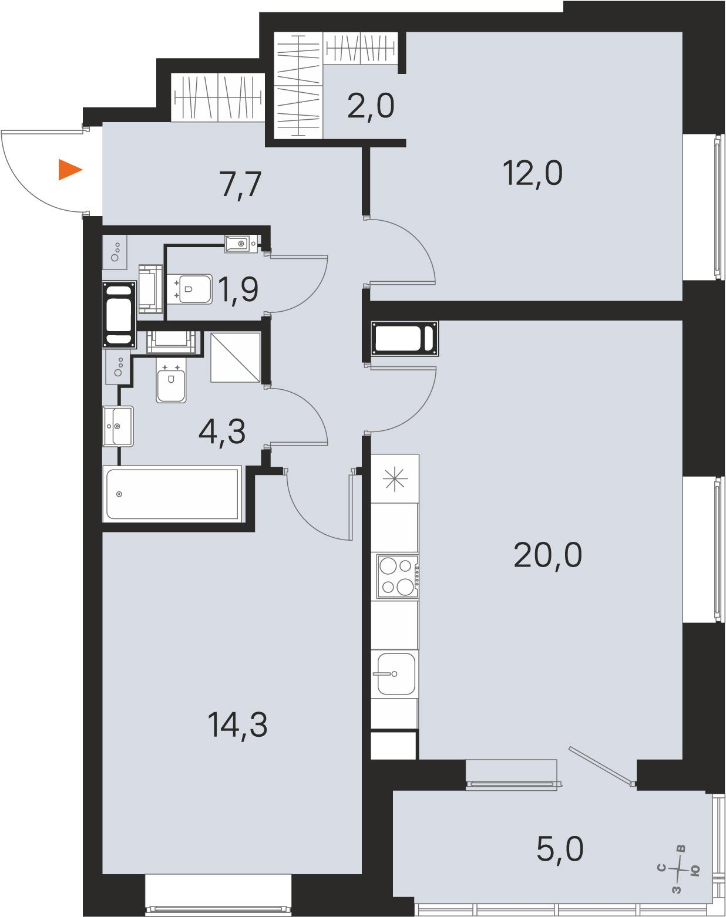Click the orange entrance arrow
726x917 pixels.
70,170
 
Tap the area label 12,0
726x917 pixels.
532,173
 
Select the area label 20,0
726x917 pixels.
548,555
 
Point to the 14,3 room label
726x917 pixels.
237,726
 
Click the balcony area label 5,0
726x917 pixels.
560,849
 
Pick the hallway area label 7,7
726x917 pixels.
241,184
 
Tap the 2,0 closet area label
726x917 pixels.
371,106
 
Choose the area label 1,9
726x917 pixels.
238,289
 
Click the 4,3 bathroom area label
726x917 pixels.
222,432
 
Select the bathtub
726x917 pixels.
172,494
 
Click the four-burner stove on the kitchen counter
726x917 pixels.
397,576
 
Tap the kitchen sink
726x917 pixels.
395,674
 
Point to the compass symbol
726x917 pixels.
680,869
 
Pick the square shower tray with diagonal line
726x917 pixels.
236,358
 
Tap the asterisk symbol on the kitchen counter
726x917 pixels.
395,479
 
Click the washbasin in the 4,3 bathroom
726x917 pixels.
118,426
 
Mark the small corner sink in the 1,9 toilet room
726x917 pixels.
241,244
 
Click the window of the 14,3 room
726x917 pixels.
219,895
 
